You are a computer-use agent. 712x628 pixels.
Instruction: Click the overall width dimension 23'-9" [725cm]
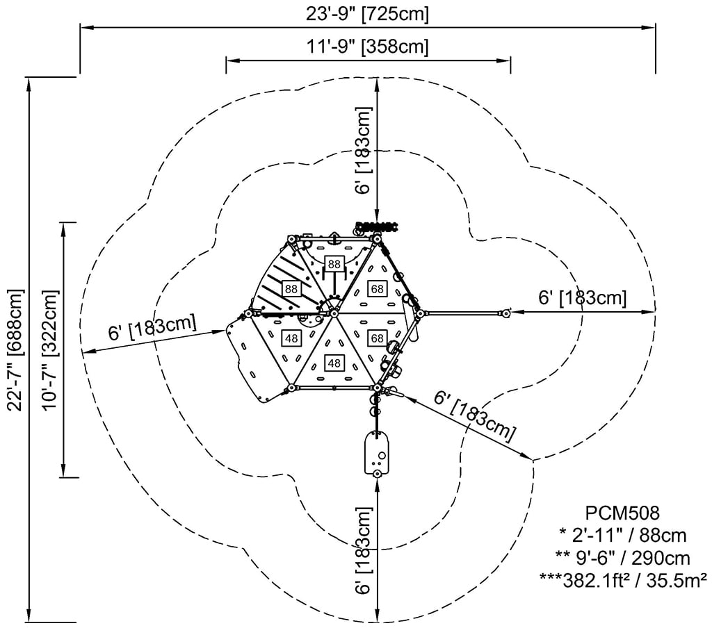368,13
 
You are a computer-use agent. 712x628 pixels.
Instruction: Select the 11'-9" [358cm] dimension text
368,47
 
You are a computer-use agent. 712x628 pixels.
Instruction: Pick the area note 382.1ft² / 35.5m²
624,578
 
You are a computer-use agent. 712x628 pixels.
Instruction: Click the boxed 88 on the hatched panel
291,288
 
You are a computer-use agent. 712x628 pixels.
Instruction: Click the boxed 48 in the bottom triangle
334,363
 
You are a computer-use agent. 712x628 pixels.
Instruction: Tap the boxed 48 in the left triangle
291,338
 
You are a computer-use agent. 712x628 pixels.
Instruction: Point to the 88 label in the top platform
334,263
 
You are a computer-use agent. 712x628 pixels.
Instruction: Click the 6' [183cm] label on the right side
583,298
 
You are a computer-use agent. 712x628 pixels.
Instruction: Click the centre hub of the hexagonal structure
334,313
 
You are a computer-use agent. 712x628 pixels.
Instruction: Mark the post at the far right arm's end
505,313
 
